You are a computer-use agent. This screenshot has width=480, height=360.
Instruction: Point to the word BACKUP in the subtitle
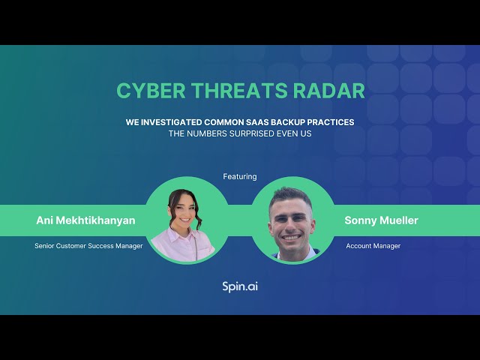click(305, 121)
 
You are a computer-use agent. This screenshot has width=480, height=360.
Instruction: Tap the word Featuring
click(240, 176)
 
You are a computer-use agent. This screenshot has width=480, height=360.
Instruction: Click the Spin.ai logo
click(240, 286)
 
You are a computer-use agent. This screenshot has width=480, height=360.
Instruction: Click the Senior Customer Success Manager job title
click(88, 246)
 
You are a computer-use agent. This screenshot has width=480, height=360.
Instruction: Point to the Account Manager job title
click(373, 246)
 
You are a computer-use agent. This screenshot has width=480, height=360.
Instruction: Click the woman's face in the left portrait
click(184, 212)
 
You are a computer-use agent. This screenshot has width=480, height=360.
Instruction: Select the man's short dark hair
click(291, 194)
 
